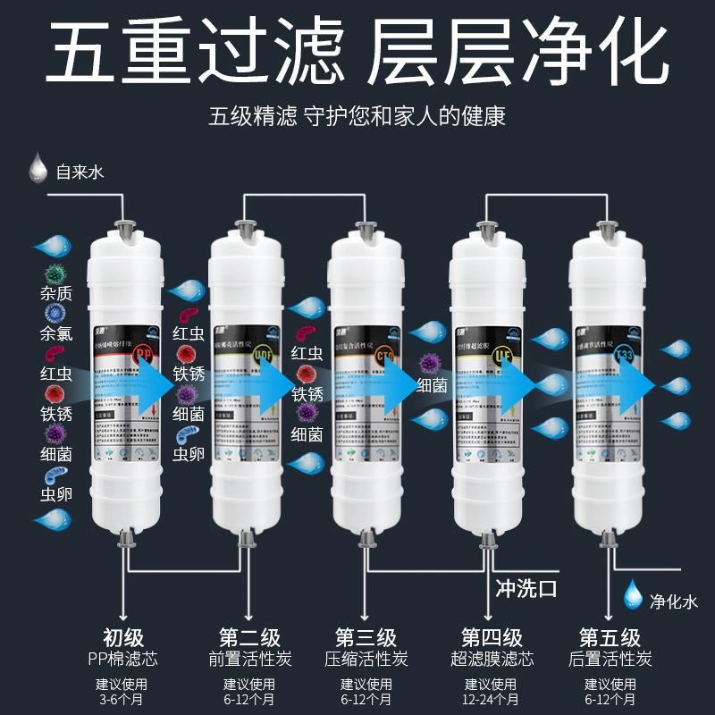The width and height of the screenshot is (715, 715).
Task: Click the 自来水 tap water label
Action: (x=80, y=170)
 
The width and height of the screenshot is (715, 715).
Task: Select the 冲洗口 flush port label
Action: (x=526, y=589)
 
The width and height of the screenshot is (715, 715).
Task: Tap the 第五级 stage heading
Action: (x=610, y=638)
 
